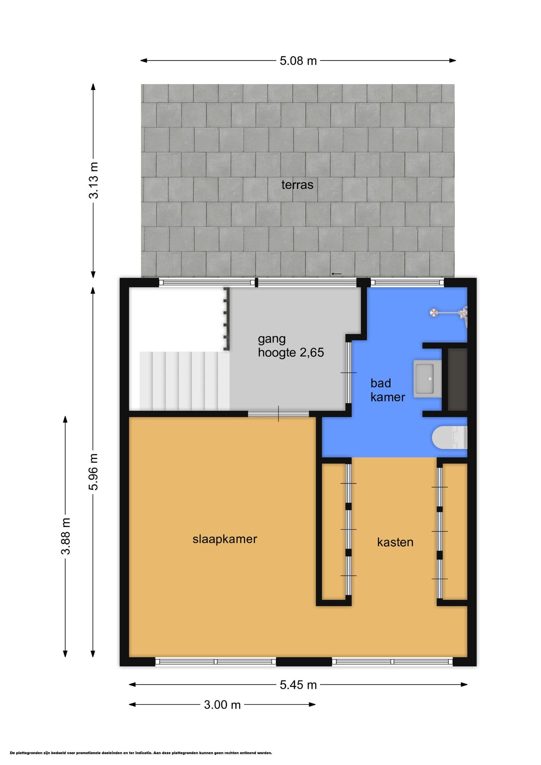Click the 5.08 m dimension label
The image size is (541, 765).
298,61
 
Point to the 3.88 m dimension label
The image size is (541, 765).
66,536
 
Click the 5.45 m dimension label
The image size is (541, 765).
298,685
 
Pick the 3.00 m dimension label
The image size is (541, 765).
222,705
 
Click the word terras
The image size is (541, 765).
297,185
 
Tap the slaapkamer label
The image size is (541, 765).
225,539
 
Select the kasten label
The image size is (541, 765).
395,542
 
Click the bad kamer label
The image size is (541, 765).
387,390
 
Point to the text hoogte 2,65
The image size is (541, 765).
291,352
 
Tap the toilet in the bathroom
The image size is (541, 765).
449,437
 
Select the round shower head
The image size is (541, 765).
433,313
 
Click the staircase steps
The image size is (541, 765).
185,380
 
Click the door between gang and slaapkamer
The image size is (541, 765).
278,414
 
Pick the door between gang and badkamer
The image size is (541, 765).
349,373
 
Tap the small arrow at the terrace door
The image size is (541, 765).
336,274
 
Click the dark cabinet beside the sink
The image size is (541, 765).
457,380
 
